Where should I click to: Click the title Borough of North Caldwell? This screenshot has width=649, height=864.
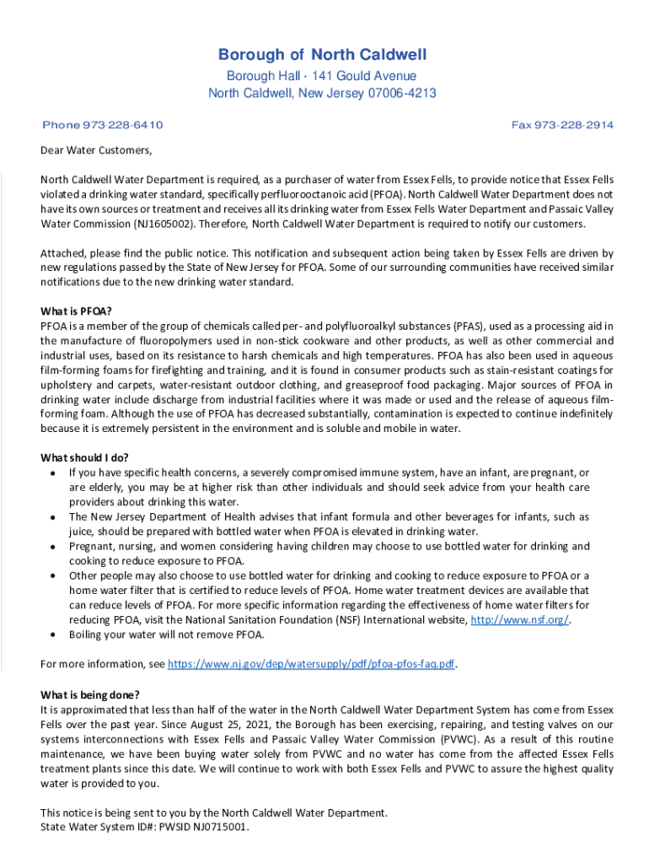(323, 56)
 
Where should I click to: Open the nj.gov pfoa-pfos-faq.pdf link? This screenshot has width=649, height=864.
(312, 664)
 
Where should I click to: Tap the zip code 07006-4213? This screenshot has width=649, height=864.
(398, 93)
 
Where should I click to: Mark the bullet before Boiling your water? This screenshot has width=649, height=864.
(53, 634)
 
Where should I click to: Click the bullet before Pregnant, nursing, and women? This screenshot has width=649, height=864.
(53, 547)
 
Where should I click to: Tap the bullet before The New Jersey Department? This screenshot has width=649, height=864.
(53, 517)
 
